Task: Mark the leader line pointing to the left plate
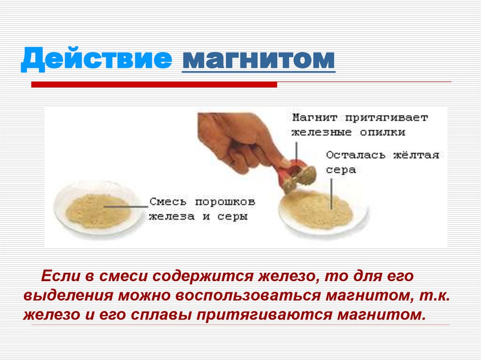pyautogui.click(x=129, y=205)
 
